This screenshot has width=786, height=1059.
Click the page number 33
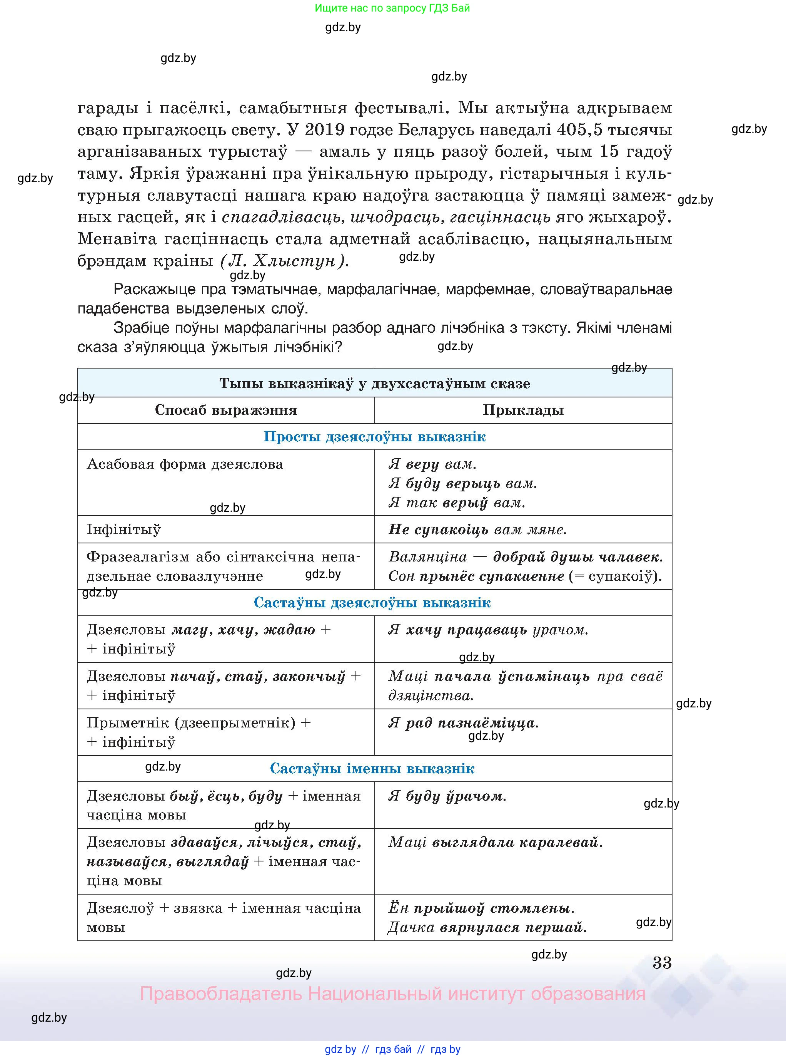click(x=662, y=962)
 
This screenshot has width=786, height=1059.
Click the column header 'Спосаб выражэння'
click(x=226, y=410)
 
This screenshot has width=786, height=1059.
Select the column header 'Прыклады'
click(x=523, y=410)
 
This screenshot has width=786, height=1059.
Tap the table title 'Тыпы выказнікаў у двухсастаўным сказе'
click(x=374, y=383)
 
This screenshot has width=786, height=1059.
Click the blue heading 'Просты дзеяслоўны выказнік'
click(x=374, y=437)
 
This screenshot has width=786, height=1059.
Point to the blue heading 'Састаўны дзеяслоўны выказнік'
click(x=372, y=602)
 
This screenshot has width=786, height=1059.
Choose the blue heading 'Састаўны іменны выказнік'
click(x=372, y=768)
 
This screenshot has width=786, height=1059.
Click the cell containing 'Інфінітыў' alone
click(x=124, y=529)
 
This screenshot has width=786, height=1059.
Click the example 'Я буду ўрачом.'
click(x=447, y=796)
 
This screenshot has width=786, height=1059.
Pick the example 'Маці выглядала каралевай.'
click(x=495, y=842)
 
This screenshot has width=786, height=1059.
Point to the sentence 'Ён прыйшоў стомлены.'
click(x=481, y=908)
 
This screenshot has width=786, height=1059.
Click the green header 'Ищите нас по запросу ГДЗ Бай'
click(x=392, y=8)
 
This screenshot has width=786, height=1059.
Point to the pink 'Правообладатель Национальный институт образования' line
click(x=392, y=994)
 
